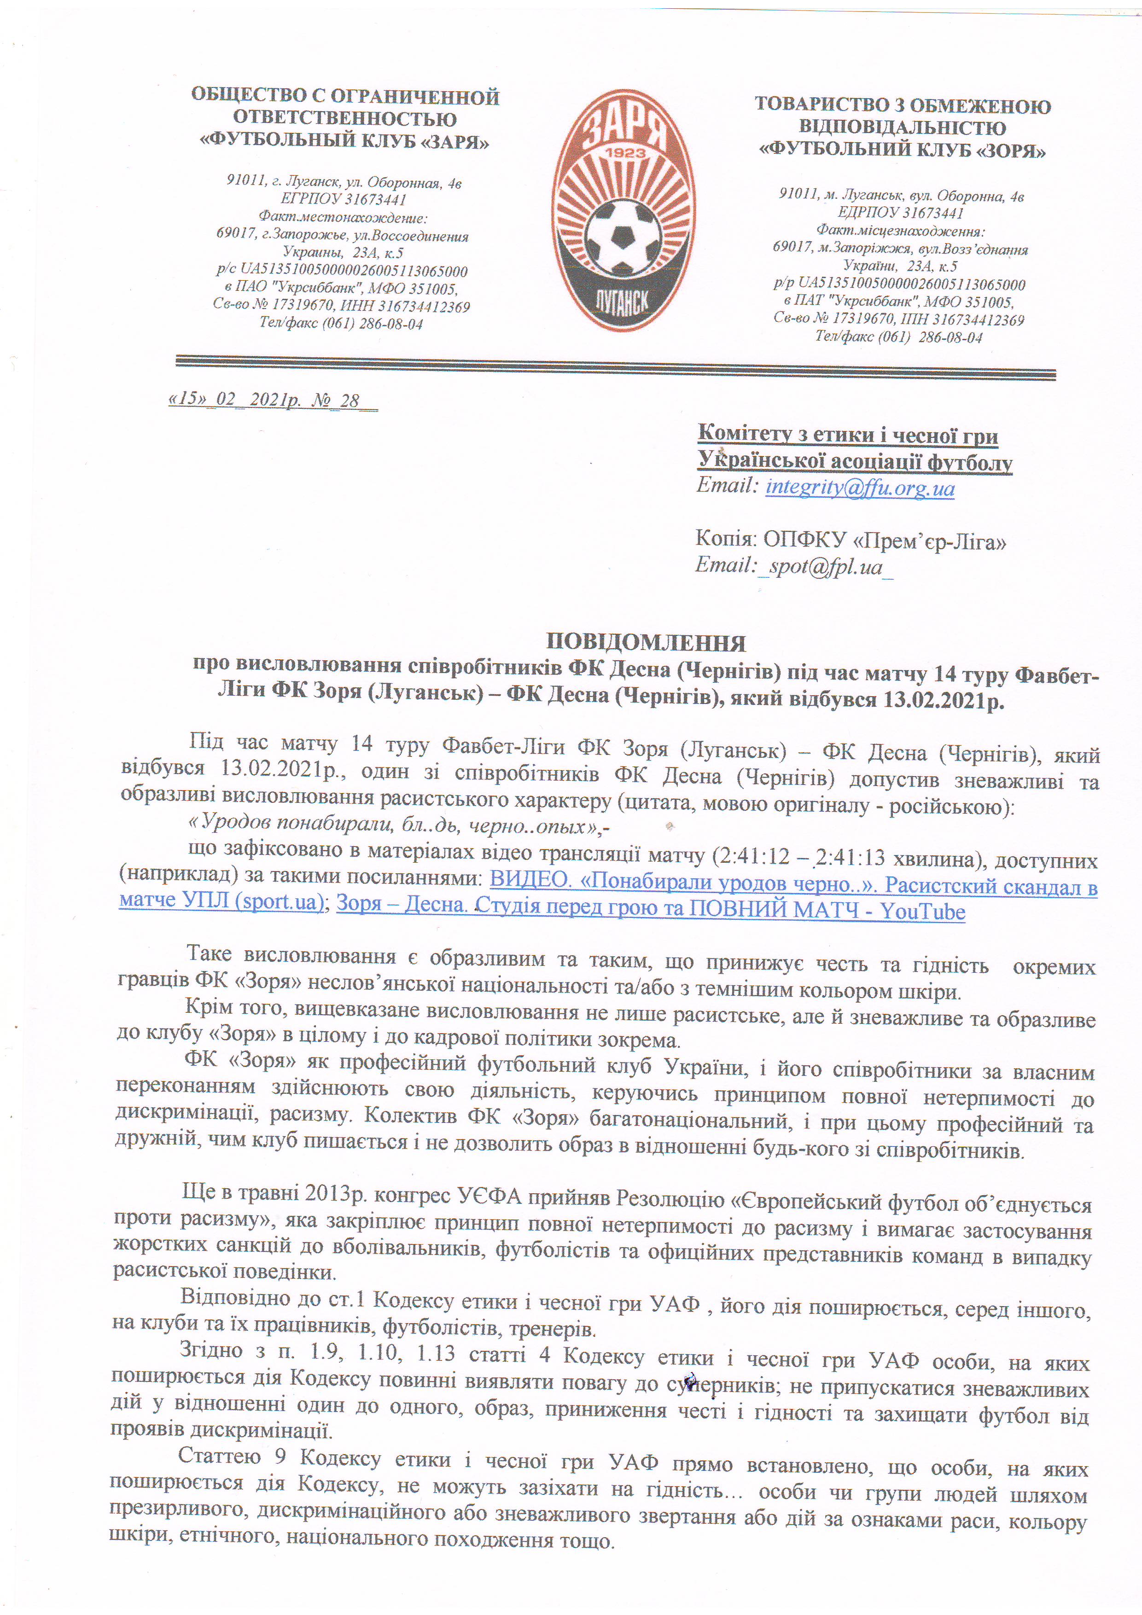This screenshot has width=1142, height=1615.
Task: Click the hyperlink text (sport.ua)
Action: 281,901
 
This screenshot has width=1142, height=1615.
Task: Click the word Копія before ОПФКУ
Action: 724,539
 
